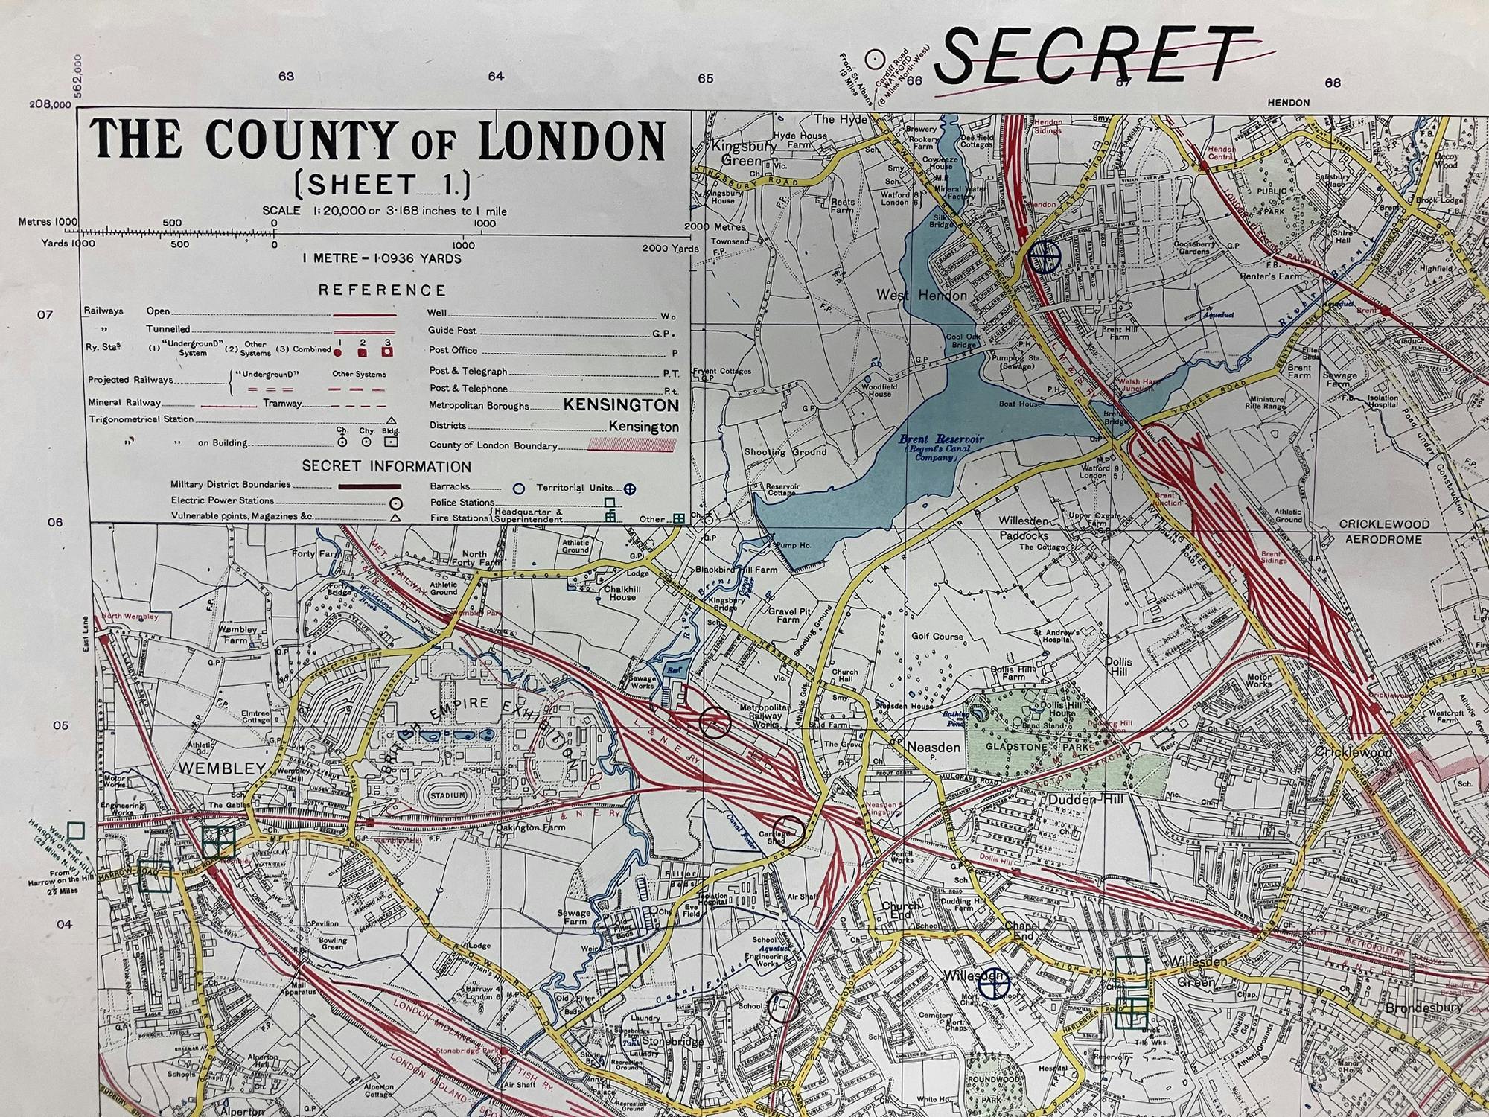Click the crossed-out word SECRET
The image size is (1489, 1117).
point(1094,56)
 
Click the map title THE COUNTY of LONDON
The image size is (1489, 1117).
point(377,141)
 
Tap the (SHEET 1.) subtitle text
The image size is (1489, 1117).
point(383,185)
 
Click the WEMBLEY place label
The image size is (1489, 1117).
point(221,768)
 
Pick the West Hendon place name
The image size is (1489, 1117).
point(922,296)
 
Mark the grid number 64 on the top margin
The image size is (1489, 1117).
point(496,77)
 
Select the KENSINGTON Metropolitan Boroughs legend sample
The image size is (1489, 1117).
point(621,405)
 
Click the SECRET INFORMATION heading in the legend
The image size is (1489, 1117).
point(386,467)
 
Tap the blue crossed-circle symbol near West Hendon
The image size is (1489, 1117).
point(1045,256)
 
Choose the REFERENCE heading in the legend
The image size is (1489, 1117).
point(382,290)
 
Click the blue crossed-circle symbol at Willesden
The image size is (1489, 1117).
point(993,987)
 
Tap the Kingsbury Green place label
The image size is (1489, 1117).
point(737,153)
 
